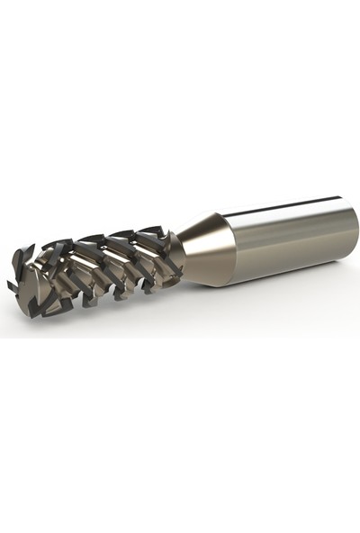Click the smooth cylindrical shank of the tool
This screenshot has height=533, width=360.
click(x=288, y=236)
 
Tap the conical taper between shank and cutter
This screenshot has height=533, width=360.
click(x=207, y=248)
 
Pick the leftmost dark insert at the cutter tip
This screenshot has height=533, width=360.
click(x=13, y=286)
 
